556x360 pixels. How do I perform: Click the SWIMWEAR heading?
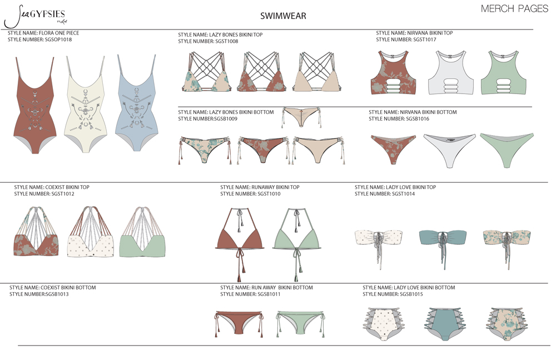point(283,16)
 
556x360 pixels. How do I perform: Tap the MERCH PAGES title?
point(514,9)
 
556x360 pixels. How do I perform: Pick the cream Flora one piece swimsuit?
point(86,104)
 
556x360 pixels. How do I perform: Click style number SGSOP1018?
point(58,40)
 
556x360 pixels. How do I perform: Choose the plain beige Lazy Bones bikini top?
point(316,71)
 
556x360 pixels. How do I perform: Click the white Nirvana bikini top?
point(450,73)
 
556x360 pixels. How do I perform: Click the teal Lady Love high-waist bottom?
point(444,323)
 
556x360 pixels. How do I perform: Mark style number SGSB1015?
point(411,294)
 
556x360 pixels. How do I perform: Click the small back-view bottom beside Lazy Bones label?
point(302,117)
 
